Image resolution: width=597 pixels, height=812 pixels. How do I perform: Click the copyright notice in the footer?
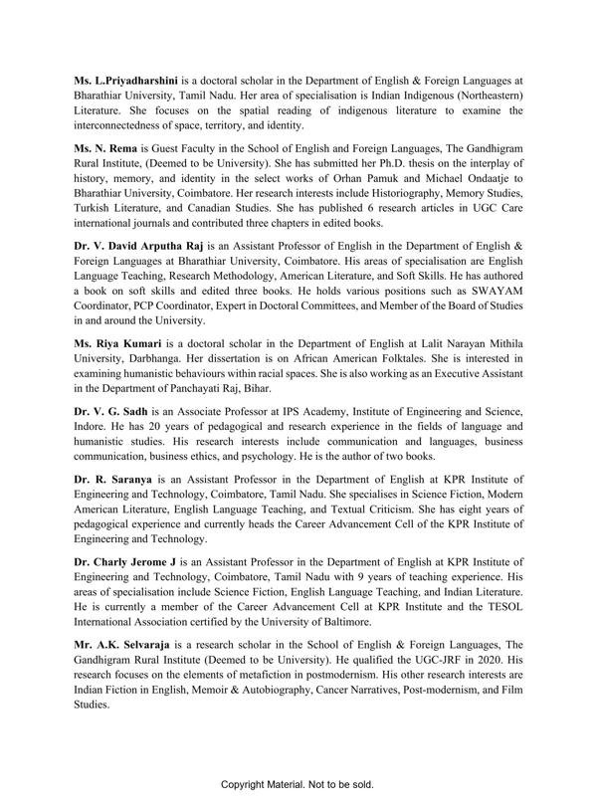pos(298,785)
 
